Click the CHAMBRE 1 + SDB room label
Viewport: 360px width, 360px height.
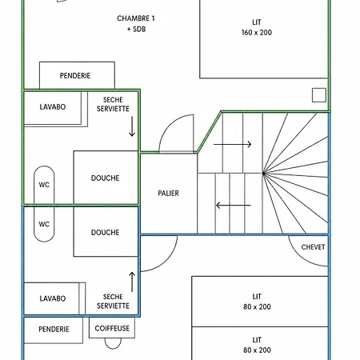coord(136,23)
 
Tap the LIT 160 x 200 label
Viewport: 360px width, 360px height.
coord(257,27)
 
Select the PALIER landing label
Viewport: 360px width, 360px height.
coord(168,193)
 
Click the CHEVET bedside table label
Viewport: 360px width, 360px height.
coord(313,247)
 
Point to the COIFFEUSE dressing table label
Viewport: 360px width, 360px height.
coord(112,328)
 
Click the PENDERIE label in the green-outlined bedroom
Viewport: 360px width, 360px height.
coord(75,76)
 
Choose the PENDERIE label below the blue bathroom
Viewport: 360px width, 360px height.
coord(54,330)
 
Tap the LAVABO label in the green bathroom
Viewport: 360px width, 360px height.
coord(53,107)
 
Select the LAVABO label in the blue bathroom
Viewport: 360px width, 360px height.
coord(53,298)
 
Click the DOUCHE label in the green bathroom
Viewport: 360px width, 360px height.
coord(106,178)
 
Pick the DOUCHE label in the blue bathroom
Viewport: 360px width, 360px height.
coord(106,233)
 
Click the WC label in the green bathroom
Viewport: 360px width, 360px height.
coord(44,185)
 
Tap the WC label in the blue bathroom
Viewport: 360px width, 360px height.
coord(44,224)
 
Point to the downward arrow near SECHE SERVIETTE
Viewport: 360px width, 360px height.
coord(132,126)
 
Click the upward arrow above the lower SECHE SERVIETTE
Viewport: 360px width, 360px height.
coord(132,282)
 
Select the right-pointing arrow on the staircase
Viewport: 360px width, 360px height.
coord(233,144)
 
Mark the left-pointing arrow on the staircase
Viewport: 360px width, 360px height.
coord(234,206)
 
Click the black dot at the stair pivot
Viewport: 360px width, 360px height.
coord(263,174)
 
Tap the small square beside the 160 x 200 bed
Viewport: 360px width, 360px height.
coord(319,95)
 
